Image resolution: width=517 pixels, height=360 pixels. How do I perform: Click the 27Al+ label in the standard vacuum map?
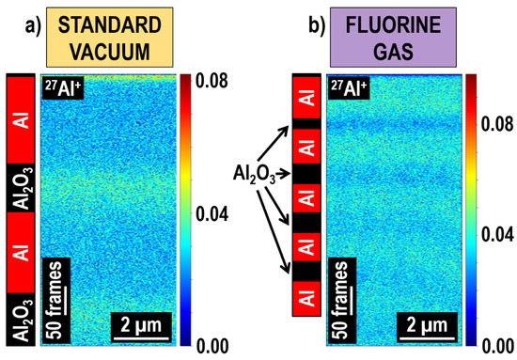63,89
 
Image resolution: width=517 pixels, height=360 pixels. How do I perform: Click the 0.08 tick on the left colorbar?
220,81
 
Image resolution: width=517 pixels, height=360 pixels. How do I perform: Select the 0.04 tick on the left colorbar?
220,213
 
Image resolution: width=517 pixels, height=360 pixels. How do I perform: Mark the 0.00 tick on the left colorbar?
220,345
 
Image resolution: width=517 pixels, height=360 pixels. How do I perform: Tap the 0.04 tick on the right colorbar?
496,232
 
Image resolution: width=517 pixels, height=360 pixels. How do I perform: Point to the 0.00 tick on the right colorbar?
496,345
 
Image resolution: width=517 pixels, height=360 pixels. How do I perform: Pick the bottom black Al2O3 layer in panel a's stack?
22,319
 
